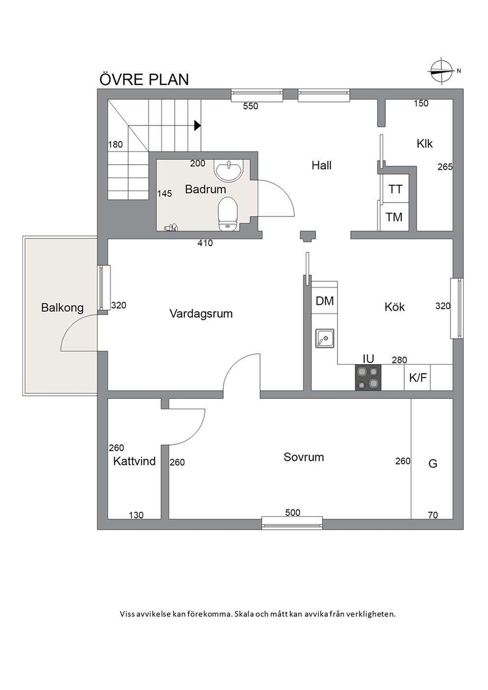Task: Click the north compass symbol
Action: pos(441,71)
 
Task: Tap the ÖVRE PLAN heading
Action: pos(144,80)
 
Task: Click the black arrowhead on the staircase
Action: pos(197,125)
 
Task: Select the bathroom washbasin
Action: pos(229,170)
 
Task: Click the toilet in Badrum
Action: pos(228,214)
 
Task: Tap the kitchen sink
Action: pos(324,338)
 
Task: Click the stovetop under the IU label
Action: pos(368,378)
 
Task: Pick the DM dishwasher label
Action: pos(325,301)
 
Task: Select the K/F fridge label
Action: pos(418,378)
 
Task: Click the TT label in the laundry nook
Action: pos(395,189)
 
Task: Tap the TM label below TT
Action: pos(394,217)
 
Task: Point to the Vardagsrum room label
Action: pos(201,314)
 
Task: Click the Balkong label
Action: pos(62,308)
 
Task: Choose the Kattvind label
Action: pos(134,461)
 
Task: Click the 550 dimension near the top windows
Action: pos(250,106)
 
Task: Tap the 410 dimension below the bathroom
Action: pos(205,243)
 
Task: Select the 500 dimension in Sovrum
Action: pos(293,512)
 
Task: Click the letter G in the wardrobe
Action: pos(433,463)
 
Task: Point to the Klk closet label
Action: pos(425,144)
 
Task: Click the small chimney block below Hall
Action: pos(308,236)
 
